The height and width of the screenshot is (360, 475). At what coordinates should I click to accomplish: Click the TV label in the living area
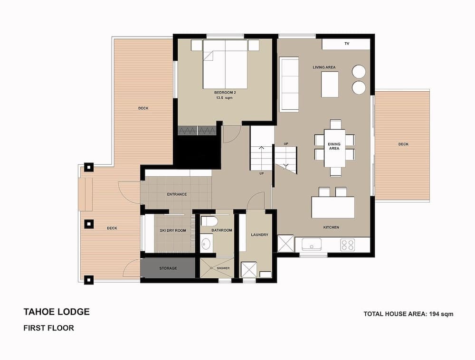(x=347, y=44)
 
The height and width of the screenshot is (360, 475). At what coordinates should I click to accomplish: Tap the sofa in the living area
(x=288, y=84)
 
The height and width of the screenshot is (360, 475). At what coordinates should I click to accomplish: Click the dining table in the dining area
(x=335, y=147)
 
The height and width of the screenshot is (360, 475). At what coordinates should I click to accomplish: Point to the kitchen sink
(x=311, y=245)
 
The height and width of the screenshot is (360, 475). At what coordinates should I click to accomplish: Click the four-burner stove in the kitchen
(x=348, y=245)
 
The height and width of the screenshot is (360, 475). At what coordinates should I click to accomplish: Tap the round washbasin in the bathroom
(x=206, y=244)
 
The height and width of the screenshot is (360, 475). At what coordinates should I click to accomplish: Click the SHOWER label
(x=223, y=268)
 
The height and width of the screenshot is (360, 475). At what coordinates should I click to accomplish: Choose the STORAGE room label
(x=168, y=268)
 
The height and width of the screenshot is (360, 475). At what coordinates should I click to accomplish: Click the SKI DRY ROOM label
(x=173, y=230)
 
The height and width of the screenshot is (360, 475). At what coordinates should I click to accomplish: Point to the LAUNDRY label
(x=259, y=235)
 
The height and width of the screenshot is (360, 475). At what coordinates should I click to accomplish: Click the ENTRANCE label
(x=177, y=194)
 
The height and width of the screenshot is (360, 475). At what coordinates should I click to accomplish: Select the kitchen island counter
(x=333, y=208)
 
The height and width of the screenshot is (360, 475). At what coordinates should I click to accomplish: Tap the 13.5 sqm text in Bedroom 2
(x=225, y=98)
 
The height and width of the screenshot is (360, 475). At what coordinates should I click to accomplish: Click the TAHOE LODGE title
(x=56, y=312)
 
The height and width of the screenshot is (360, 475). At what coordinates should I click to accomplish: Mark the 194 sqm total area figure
(x=440, y=314)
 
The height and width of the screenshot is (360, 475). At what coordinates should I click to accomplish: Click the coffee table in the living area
(x=330, y=84)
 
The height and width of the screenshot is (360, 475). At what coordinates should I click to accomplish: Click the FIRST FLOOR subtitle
(x=48, y=328)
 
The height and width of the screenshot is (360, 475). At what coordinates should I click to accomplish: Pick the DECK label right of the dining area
(x=403, y=144)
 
